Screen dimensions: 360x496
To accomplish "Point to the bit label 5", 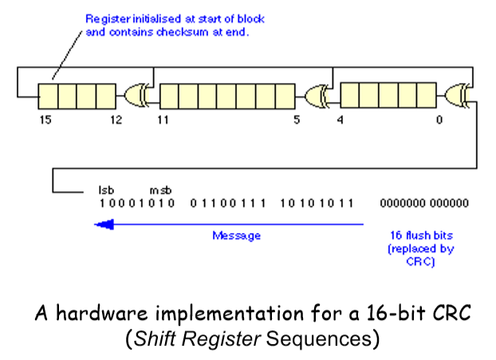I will coord(297,121).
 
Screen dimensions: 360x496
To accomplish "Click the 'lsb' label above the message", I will coord(106,191).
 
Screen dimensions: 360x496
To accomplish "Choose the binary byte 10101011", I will coord(317,204).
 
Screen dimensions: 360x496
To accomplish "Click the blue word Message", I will coord(236,235).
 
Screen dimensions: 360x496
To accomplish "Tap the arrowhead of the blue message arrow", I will coord(102,224).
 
